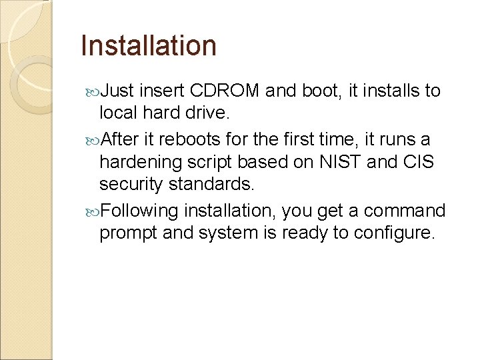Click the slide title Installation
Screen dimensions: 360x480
click(x=148, y=46)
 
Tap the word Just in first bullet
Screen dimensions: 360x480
click(x=119, y=91)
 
